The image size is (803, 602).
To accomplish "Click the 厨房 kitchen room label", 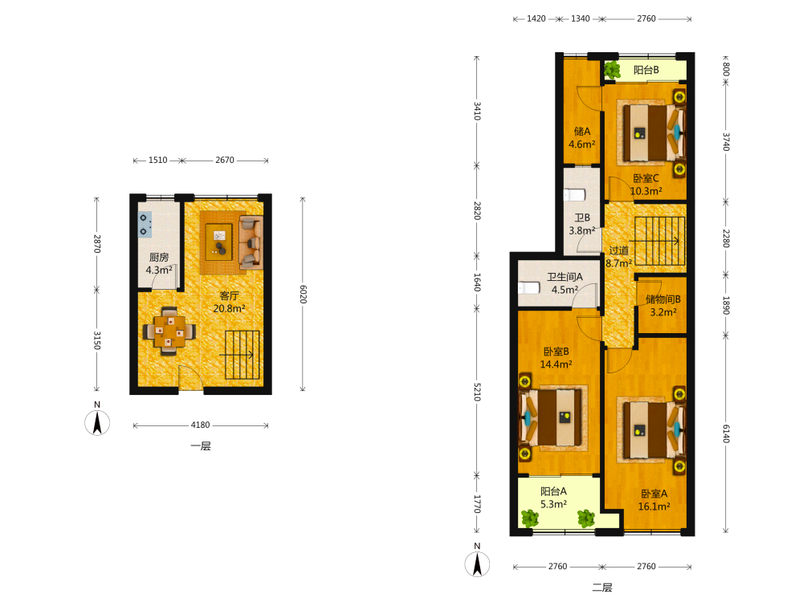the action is [159, 257].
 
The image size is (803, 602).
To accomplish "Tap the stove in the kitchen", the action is [145, 225].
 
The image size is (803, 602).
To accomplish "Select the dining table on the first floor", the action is [169, 331].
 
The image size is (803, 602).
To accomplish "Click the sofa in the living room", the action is [251, 242].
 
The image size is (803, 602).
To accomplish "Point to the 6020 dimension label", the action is [304, 295].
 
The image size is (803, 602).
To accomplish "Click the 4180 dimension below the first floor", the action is [200, 425].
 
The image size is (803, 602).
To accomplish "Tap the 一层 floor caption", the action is [201, 445].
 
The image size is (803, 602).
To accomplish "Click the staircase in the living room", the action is [242, 355].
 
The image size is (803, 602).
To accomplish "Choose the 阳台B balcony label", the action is [646, 70].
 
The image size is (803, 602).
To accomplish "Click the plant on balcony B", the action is [612, 70].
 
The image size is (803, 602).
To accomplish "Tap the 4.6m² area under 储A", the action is [581, 144].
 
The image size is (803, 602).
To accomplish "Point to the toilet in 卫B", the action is [575, 195].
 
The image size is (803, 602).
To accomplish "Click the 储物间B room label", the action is [662, 299].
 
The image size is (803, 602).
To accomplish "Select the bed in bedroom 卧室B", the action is [553, 417].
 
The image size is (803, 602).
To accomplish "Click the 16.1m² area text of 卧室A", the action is [654, 506].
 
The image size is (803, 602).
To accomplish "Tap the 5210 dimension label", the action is [477, 392].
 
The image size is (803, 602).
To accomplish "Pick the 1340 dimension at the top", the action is [581, 18].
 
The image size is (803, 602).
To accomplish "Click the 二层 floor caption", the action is [602, 588].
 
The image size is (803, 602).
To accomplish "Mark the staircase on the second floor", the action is [657, 241].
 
